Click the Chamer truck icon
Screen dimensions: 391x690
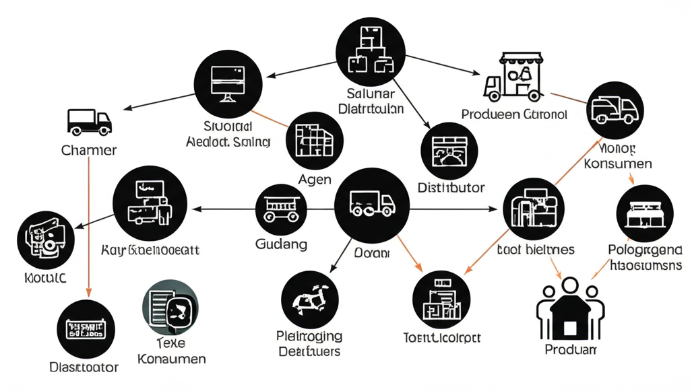pyautogui.click(x=89, y=122)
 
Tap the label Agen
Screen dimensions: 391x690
pyautogui.click(x=314, y=180)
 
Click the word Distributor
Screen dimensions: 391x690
pyautogui.click(x=451, y=188)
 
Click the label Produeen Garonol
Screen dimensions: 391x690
pyautogui.click(x=514, y=114)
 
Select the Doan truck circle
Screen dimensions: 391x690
pyautogui.click(x=371, y=205)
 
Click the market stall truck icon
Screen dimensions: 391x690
pyautogui.click(x=514, y=77)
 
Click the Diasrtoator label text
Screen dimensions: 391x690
pyautogui.click(x=84, y=367)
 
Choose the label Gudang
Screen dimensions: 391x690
pyautogui.click(x=281, y=243)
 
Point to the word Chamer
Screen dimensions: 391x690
pyautogui.click(x=89, y=150)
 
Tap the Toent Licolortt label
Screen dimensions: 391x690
pyautogui.click(x=441, y=336)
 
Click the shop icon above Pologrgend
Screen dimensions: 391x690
pyautogui.click(x=645, y=213)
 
